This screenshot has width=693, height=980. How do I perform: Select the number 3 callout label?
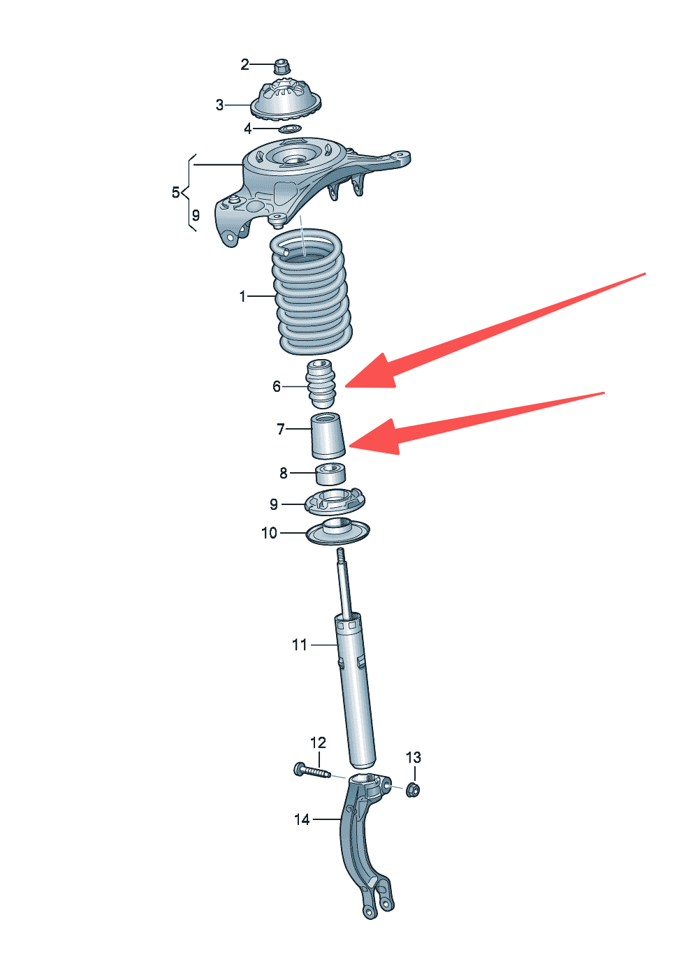(219, 105)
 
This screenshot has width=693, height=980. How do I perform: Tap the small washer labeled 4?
(291, 129)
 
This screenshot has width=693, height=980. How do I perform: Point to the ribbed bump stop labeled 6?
(321, 383)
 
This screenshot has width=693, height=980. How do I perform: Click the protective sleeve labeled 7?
(328, 435)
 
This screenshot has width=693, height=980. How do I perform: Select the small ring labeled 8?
(330, 474)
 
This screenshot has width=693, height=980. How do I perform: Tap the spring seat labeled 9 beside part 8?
(335, 502)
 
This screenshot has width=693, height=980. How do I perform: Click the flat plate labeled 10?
(337, 532)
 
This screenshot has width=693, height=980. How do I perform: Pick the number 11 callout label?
(300, 645)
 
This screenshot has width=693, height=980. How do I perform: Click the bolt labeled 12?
(312, 772)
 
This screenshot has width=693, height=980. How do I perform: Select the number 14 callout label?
(302, 819)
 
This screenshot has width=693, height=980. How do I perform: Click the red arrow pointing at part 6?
(495, 330)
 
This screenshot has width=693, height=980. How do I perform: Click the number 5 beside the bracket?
(176, 192)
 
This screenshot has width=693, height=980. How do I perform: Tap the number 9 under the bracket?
(196, 215)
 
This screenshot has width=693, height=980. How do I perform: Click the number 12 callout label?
(318, 743)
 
